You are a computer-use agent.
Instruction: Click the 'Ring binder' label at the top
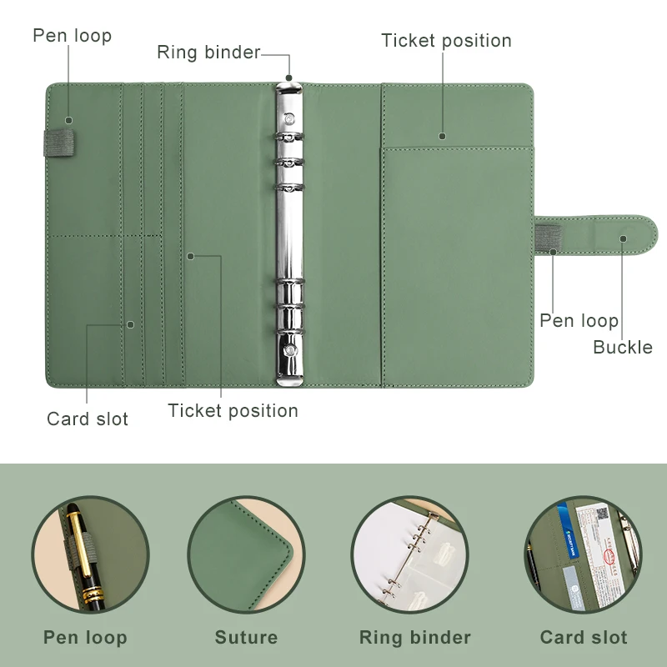click(x=208, y=53)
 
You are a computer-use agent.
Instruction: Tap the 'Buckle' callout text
click(x=622, y=347)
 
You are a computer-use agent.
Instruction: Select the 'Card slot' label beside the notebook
click(x=88, y=419)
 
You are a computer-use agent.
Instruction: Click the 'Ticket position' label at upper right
click(x=446, y=41)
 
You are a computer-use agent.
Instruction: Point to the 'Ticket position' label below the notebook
click(x=233, y=410)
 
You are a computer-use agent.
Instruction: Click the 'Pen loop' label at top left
click(x=72, y=36)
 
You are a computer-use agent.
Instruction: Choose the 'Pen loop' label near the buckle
click(x=579, y=321)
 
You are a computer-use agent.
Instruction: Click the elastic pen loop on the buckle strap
click(x=547, y=237)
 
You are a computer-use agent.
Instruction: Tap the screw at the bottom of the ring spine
click(x=289, y=351)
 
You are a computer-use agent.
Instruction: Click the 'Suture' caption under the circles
click(x=246, y=638)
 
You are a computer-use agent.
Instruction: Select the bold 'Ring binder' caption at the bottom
click(x=414, y=638)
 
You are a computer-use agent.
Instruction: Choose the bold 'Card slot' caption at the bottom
click(x=584, y=638)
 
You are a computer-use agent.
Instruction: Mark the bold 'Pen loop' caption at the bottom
click(x=85, y=638)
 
